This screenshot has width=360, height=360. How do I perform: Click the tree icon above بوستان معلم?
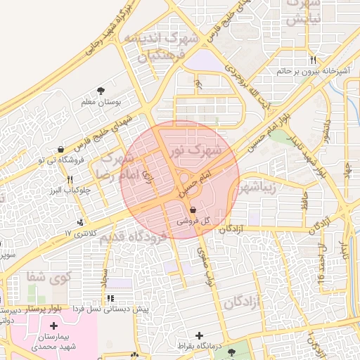tap(101, 90)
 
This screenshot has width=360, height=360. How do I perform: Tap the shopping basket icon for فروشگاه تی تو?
tap(61, 149)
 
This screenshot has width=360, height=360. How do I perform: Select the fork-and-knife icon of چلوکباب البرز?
tap(69, 180)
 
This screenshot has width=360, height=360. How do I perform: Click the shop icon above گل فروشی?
tap(193, 209)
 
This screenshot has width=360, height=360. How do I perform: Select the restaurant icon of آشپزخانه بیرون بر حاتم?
tap(313, 60)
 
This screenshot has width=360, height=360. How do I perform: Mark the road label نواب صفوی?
tap(204, 267)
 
